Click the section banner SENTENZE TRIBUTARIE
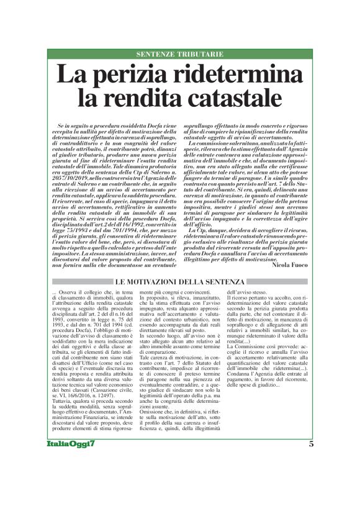179,55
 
